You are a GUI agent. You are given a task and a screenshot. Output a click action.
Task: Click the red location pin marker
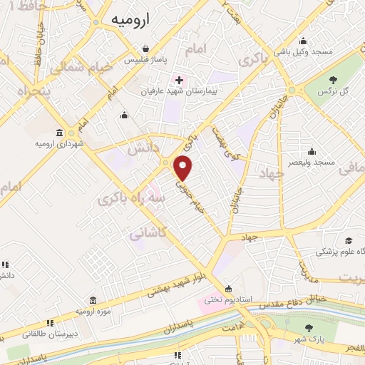pos(184,168)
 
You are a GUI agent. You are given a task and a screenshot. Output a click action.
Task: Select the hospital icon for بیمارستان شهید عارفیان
pos(180,79)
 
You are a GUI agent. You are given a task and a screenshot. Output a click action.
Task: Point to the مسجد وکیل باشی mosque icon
pos(304,40)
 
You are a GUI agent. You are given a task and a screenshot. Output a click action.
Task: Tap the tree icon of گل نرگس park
pos(335,78)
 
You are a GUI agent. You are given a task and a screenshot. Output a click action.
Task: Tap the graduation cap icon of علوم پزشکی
pos(349,240)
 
